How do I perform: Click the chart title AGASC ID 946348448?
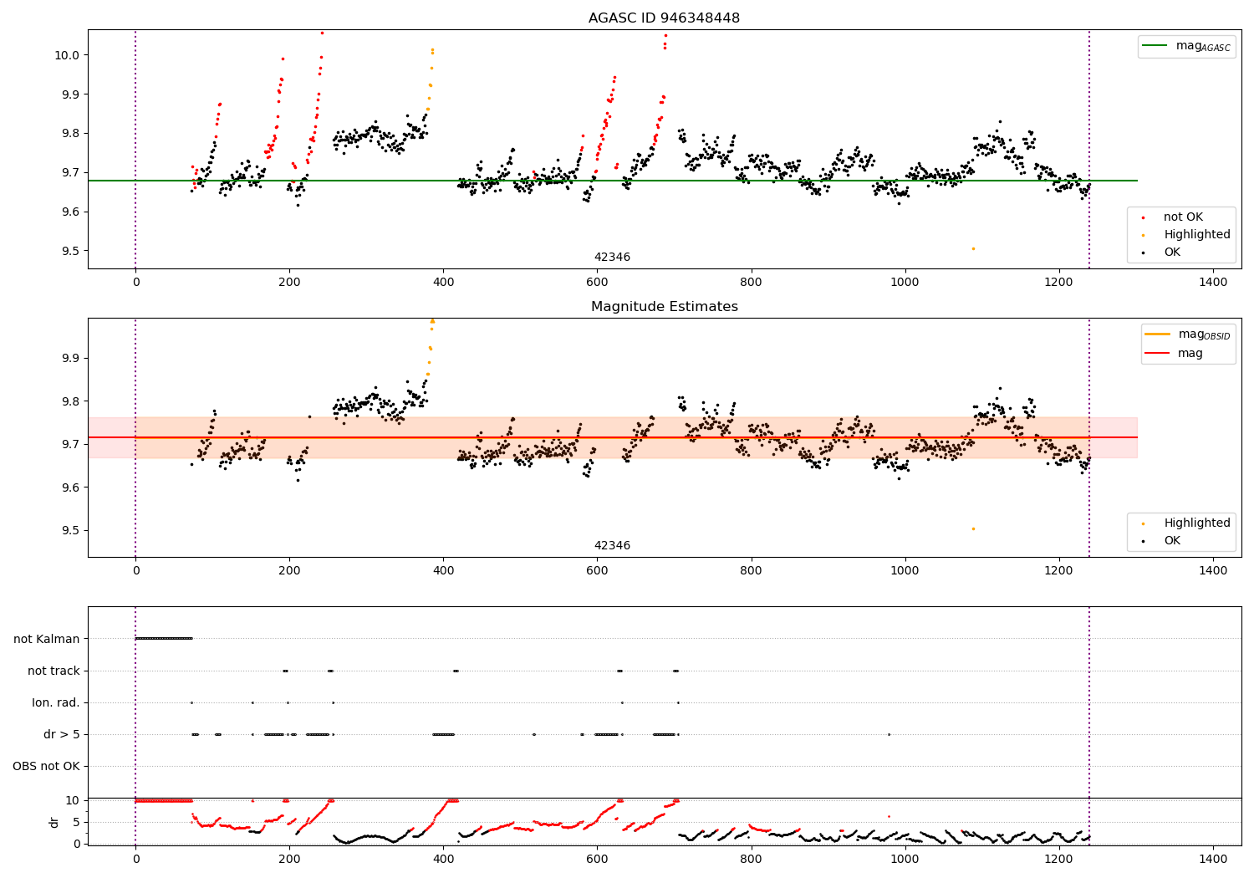coord(664,18)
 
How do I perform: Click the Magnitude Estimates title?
coord(664,307)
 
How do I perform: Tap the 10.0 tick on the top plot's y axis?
coord(68,55)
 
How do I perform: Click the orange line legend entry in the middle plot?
coord(1188,334)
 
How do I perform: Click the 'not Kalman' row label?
coord(47,639)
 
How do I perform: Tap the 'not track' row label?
coord(54,671)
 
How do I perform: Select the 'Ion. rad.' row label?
coord(56,702)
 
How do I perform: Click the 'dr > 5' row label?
coord(61,734)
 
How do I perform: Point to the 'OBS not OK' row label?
coord(47,766)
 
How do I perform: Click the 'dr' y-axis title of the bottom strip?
coord(54,822)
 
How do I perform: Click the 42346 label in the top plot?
coord(612,258)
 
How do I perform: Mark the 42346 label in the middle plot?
coord(612,546)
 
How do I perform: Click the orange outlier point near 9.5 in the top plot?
coord(973,248)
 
